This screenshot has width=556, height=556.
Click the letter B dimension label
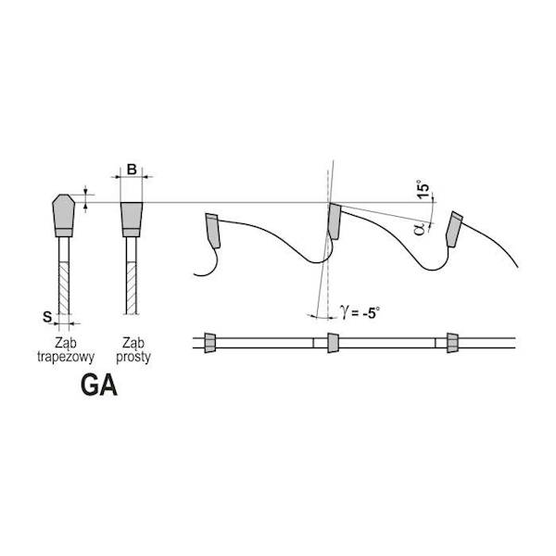point(132,170)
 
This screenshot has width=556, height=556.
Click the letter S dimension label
point(47,317)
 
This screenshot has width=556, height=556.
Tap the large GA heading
point(99,385)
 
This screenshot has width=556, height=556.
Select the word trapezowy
point(66,358)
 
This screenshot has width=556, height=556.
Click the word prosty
point(133,358)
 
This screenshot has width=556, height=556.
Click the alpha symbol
point(419,229)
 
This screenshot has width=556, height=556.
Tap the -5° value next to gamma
point(371,313)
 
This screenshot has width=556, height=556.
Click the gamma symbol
point(344,312)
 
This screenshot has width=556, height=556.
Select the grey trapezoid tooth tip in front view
point(63,215)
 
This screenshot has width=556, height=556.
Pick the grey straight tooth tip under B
point(132,220)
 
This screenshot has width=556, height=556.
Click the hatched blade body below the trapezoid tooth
point(64,288)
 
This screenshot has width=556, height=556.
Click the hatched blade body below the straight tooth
point(132,288)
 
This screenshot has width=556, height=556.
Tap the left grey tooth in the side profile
point(213,231)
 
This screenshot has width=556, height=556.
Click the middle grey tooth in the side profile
point(335,221)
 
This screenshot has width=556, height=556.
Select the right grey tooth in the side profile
point(454,229)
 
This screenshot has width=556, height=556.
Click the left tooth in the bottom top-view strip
point(210,343)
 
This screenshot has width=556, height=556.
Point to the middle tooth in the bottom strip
point(333,343)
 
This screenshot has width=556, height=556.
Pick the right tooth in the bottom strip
point(452,343)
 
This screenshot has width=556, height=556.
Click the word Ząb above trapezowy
point(66,343)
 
